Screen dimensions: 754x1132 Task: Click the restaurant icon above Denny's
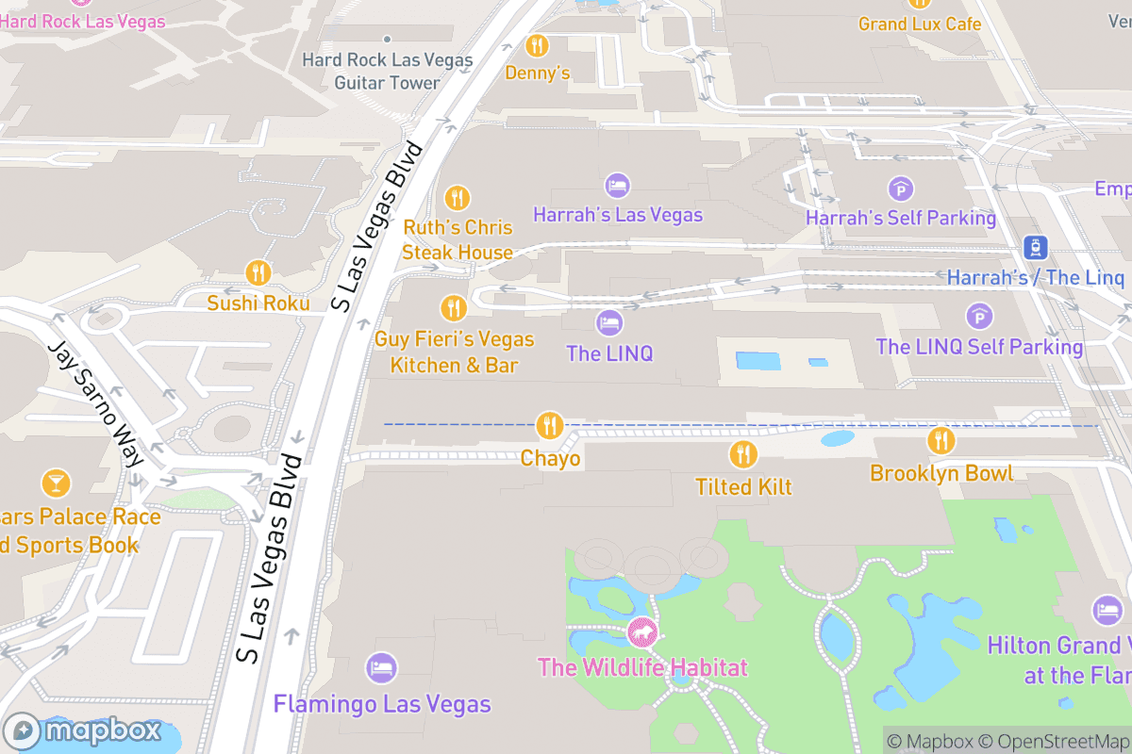[x=537, y=44]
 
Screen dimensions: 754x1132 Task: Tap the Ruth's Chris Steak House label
[x=458, y=239]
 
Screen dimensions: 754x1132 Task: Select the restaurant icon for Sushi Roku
[x=258, y=273]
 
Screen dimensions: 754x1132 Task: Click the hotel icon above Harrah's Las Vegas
[x=617, y=186]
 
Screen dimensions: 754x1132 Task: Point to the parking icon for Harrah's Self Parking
[x=901, y=188]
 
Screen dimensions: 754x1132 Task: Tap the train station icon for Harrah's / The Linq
[x=1035, y=247]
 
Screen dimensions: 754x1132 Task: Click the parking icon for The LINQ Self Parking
[x=979, y=317]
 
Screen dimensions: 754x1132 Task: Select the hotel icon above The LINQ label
[x=609, y=323]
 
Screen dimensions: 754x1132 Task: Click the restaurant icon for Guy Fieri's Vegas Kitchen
[x=454, y=308]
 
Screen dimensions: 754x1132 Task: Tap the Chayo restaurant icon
[x=549, y=426]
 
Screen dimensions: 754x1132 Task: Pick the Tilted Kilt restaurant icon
[x=743, y=455]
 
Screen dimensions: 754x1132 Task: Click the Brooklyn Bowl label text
[x=941, y=473]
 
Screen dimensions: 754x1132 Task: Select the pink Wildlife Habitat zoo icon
[x=641, y=632]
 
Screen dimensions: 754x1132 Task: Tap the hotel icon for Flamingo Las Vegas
[x=381, y=668]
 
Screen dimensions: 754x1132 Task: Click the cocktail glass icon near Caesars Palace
[x=56, y=484]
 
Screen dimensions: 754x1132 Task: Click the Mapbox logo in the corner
[x=75, y=731]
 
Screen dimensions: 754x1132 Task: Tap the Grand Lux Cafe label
[x=920, y=24]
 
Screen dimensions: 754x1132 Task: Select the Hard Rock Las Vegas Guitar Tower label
[x=387, y=72]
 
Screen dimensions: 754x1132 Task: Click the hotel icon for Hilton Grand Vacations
[x=1107, y=610]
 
